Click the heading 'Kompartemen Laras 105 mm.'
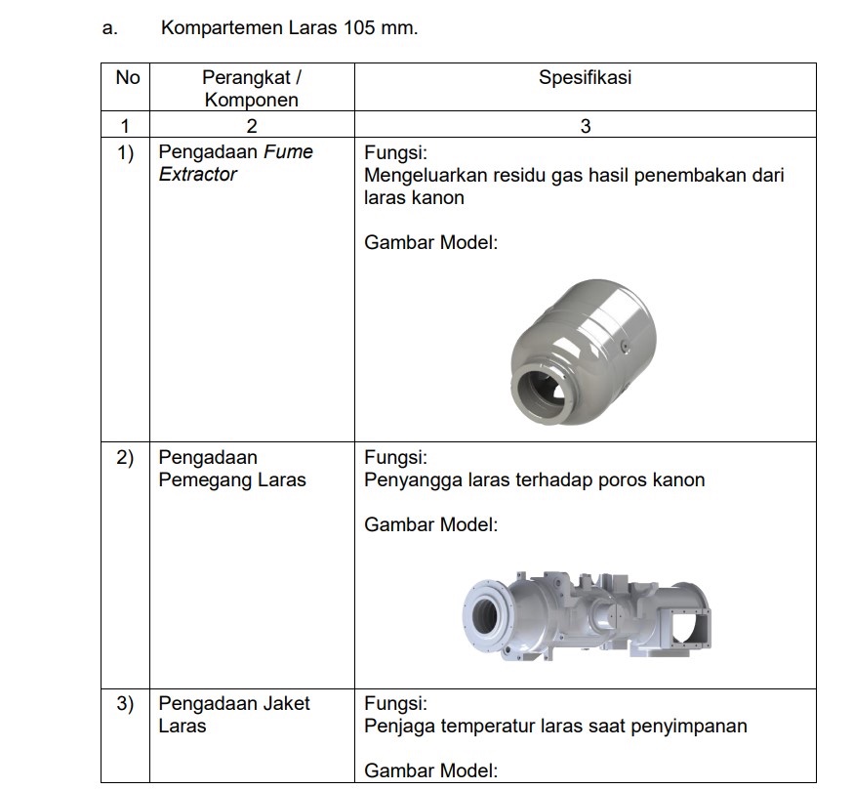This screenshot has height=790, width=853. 289,27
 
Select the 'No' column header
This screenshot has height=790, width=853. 127,77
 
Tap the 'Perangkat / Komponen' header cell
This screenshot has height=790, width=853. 251,88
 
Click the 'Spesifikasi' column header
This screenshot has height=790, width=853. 585,77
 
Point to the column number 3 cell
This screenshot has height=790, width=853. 585,125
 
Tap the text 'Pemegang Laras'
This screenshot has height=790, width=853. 232,479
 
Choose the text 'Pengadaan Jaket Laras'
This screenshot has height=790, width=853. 234,714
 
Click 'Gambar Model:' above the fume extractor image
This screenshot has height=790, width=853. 430,242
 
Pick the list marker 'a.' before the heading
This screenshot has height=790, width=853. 109,27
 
